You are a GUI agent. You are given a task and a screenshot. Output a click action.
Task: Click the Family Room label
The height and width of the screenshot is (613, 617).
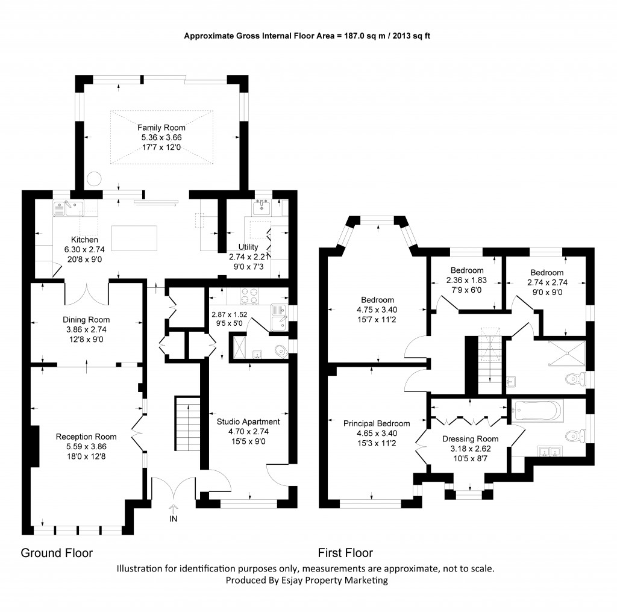[161, 128]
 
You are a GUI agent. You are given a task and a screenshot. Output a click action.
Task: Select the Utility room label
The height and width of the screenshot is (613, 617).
[248, 247]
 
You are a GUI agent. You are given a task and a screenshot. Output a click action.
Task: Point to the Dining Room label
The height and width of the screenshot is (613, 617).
[86, 320]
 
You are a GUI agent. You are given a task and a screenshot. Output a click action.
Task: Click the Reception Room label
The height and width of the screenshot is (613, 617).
[86, 437]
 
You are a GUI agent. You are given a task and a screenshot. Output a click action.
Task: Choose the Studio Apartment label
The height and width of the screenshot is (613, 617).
[248, 422]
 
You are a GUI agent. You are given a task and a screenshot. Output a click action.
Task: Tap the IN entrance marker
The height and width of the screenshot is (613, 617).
[174, 518]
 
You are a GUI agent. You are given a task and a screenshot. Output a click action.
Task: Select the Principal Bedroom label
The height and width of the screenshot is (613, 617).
[377, 423]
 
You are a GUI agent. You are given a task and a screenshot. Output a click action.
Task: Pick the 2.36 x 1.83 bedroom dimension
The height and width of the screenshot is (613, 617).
[465, 280]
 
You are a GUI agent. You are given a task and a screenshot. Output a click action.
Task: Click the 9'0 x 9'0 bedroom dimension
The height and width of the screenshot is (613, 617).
[545, 290]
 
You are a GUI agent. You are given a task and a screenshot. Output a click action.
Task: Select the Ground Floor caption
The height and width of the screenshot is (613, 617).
[57, 553]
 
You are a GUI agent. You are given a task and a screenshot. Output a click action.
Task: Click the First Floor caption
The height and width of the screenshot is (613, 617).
[345, 553]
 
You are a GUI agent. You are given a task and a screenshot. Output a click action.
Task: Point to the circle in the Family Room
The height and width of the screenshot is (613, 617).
[94, 179]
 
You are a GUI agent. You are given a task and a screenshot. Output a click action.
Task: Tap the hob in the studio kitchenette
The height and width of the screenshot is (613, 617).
[249, 296]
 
